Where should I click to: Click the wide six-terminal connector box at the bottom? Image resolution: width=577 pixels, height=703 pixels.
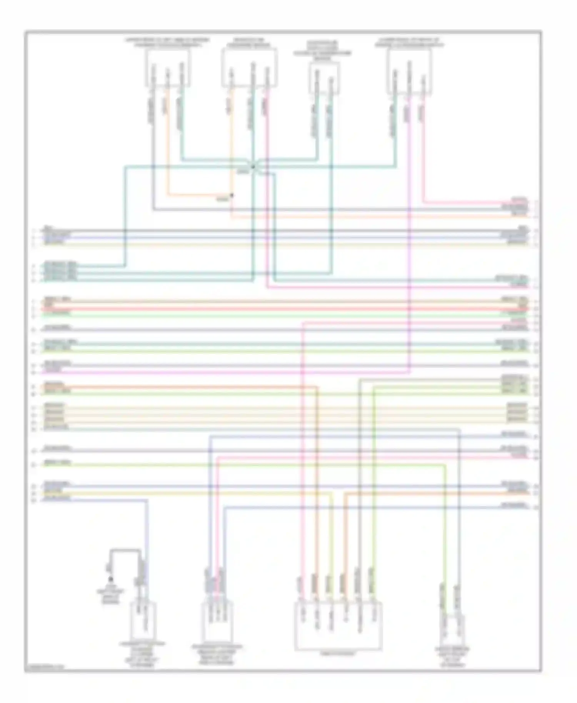click(x=338, y=626)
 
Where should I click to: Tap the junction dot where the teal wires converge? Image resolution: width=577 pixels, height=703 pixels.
click(x=253, y=167)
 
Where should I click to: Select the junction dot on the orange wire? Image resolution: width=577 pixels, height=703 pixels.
click(x=232, y=195)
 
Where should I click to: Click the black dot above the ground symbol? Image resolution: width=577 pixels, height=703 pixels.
click(x=111, y=579)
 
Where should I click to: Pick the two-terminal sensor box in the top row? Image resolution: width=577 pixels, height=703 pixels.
click(x=324, y=78)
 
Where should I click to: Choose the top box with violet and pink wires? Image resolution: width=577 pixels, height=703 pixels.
click(x=409, y=71)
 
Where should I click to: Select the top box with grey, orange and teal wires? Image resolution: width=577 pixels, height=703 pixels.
click(x=167, y=68)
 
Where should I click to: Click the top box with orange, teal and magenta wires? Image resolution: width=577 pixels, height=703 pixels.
click(x=249, y=68)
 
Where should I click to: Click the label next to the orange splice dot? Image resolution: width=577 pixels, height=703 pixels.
click(x=222, y=199)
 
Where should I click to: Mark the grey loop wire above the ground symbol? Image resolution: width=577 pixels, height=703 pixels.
click(x=125, y=550)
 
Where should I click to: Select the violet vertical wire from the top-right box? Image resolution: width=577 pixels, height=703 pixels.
click(x=409, y=231)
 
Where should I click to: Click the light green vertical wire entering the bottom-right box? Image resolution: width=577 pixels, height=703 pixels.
click(x=445, y=538)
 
